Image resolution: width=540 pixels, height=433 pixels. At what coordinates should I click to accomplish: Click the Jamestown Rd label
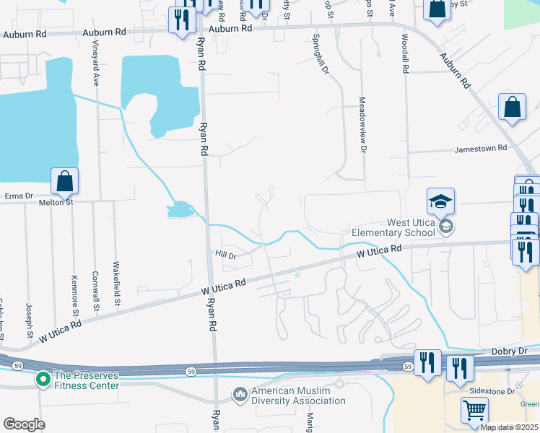pos(481,149)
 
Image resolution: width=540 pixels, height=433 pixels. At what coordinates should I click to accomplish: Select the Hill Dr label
pos(226,255)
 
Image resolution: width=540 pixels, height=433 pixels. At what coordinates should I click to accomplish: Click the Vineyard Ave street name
pos(95,63)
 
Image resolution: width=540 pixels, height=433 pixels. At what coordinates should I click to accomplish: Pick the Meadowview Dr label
pos(362,124)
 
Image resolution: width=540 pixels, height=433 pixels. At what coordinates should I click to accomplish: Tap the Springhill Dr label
pos(321,53)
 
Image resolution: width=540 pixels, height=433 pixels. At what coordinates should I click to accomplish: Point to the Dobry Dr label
pos(513,350)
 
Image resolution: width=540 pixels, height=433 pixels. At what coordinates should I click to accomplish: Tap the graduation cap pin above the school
pos(441,201)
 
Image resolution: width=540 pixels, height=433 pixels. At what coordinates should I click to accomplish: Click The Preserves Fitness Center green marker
pos(43,378)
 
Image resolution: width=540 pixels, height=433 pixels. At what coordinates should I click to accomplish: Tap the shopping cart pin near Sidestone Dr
pos(474,410)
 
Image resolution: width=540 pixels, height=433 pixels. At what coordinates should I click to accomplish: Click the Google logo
pos(24,424)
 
